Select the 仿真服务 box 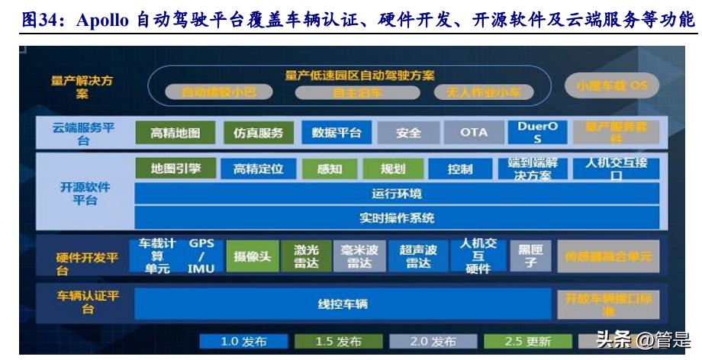258,133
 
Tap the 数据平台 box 337,133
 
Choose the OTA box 473,133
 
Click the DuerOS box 537,133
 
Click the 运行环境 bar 396,194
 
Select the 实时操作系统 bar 396,218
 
